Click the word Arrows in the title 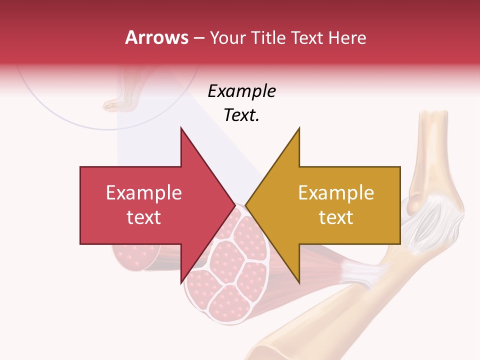click(156, 37)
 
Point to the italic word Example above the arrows click(241, 91)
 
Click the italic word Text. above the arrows click(241, 115)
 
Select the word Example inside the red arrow click(144, 193)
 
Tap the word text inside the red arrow click(144, 217)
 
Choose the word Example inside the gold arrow click(336, 193)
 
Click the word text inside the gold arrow click(336, 217)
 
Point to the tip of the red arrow click(234, 205)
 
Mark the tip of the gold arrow click(245, 205)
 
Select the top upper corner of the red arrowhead click(181, 128)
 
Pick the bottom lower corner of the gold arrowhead click(299, 283)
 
